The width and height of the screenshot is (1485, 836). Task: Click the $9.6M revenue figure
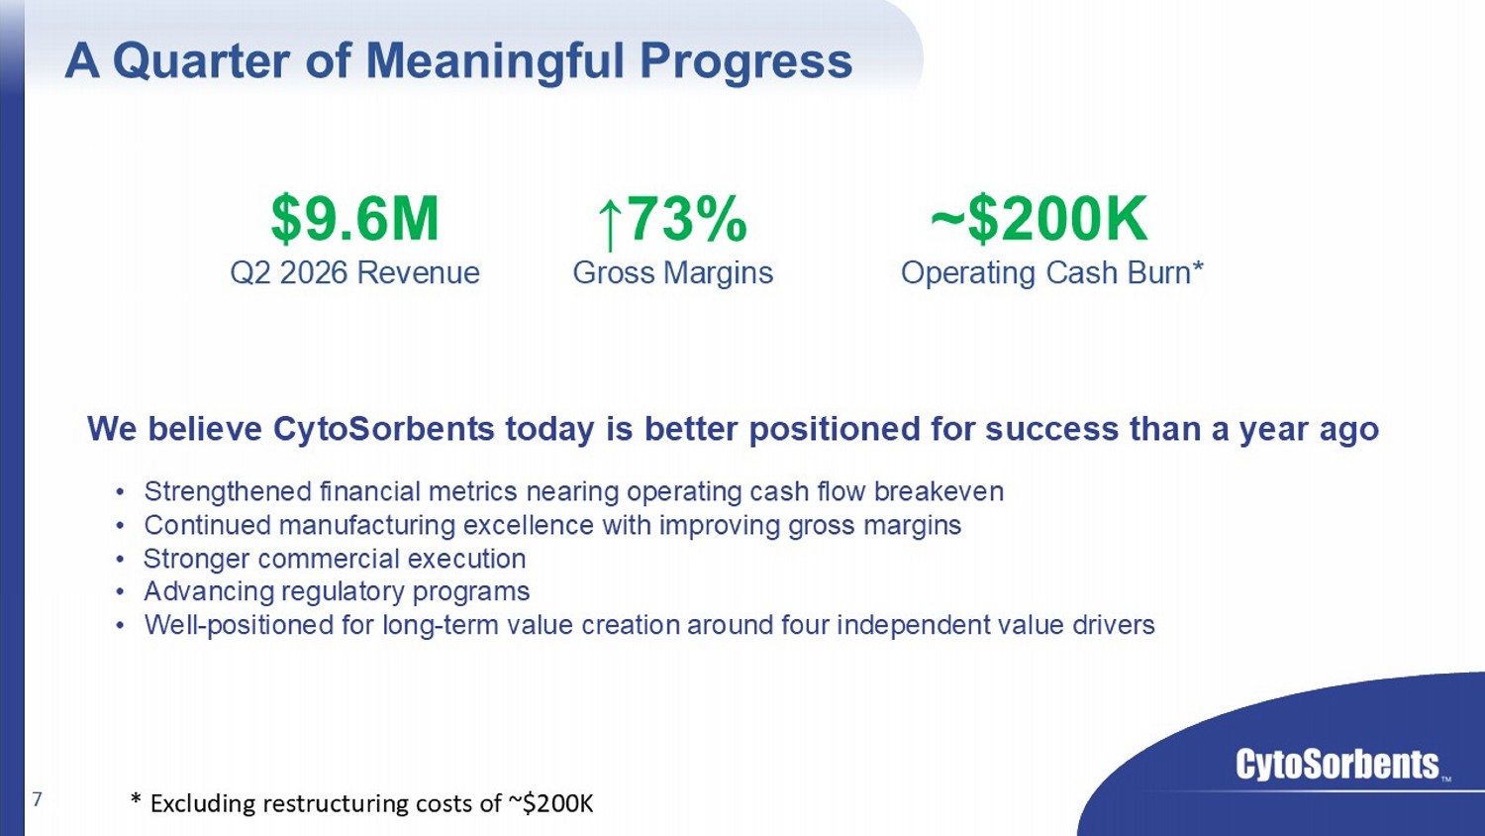coord(354,219)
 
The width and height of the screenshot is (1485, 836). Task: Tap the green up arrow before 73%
coord(610,226)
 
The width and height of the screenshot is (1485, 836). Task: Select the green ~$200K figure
coord(1039,219)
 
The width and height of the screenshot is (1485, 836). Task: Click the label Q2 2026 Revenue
coord(354,272)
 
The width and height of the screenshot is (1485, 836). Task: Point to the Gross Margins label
coord(673,273)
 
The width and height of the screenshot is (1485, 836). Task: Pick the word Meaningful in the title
coord(495,62)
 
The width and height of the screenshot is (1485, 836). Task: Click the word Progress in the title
coord(745,62)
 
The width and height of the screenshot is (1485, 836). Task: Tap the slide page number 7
coord(38,798)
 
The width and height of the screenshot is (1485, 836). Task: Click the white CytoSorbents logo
coord(1337,765)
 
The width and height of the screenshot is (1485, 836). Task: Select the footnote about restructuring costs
coord(362,803)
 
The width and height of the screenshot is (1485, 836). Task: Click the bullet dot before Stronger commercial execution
coord(120,560)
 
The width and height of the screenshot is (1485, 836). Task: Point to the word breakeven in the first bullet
coord(939,491)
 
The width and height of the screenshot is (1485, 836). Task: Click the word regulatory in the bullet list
coord(341,591)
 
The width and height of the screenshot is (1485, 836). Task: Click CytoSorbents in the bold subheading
coord(384,429)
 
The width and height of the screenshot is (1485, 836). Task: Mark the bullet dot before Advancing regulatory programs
coord(120,591)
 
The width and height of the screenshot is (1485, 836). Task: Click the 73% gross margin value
coord(687,219)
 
